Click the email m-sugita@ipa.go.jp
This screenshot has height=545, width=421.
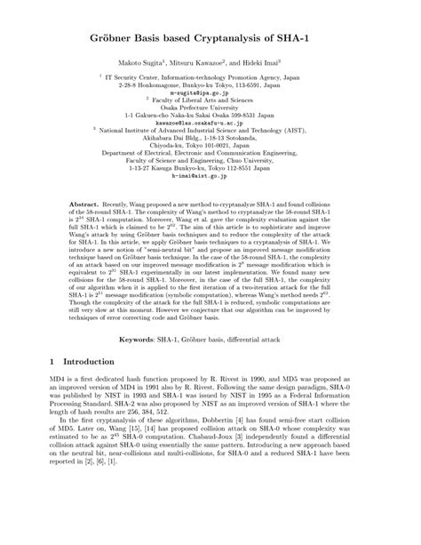(210, 92)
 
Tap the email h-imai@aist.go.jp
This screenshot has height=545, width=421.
(210, 177)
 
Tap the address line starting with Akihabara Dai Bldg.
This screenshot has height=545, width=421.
(210, 141)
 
